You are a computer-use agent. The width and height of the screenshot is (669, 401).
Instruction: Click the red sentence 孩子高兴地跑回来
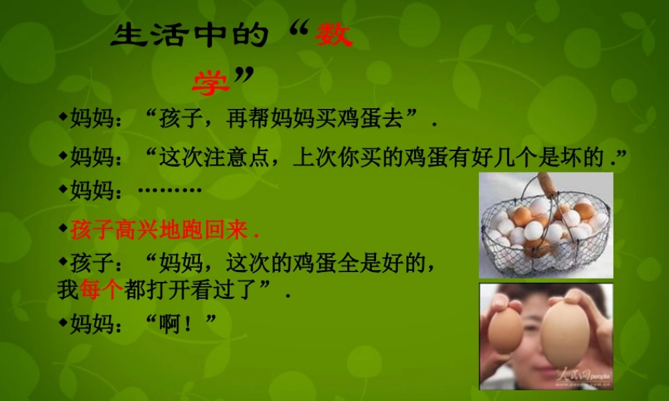[163, 231]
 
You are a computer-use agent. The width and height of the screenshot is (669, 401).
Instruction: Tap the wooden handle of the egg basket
[549, 183]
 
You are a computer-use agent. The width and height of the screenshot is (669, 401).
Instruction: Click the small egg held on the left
[506, 331]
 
